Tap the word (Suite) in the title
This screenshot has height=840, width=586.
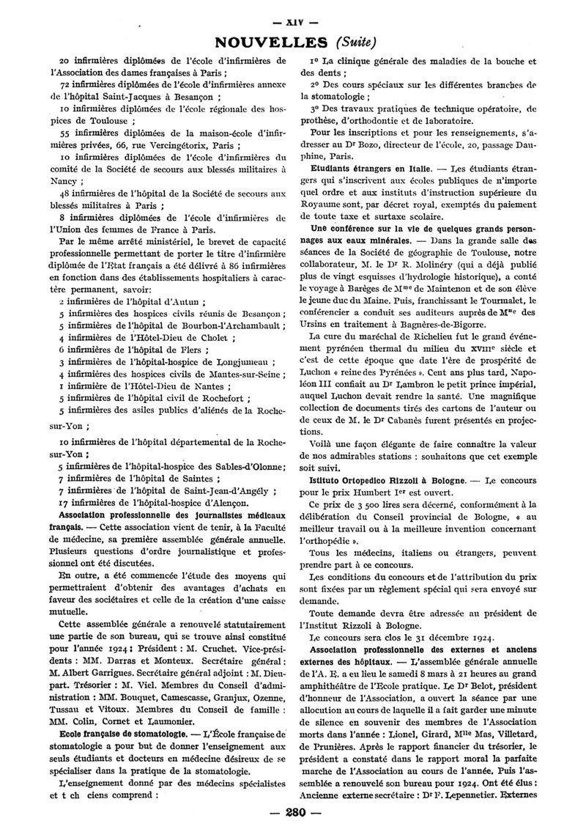point(355,41)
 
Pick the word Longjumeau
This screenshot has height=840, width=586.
point(245,361)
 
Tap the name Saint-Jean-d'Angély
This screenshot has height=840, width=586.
point(222,490)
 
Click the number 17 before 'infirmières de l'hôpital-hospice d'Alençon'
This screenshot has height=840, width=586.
point(64,503)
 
